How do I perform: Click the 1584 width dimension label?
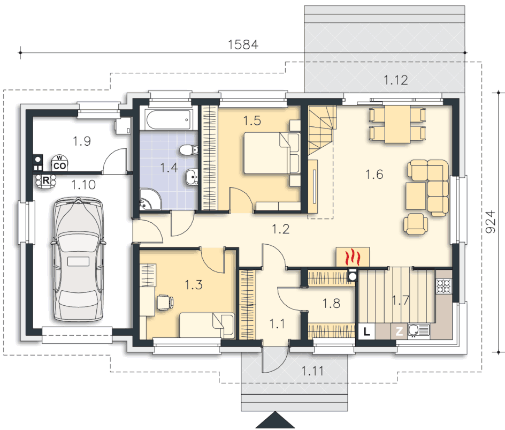[243, 44]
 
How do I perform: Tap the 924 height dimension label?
[490, 222]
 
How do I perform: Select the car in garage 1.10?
[79, 259]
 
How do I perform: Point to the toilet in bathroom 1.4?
[189, 150]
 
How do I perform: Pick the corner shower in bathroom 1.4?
[150, 200]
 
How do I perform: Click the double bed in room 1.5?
[272, 153]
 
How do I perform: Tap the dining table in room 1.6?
[397, 124]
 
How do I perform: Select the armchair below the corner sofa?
[416, 224]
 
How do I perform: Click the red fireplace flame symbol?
[353, 257]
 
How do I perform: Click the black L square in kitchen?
[366, 331]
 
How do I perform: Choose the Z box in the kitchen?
[399, 331]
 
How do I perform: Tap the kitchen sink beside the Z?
[419, 330]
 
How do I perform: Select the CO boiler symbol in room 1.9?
[59, 163]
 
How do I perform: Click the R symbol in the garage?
[45, 180]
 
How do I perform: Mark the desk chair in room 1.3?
[165, 303]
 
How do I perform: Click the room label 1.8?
[331, 303]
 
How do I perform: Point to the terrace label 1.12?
[396, 80]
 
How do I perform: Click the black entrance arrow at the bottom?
[276, 420]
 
